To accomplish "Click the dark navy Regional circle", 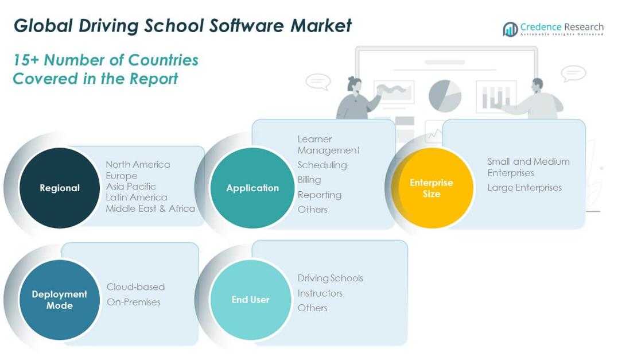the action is click(60, 188).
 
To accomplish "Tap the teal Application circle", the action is click(252, 188).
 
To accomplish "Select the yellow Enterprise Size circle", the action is click(432, 188).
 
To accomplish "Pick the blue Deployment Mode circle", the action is click(60, 300).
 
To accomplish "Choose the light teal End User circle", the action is click(251, 300).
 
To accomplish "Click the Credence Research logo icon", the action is click(510, 29).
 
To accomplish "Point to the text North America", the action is click(138, 164).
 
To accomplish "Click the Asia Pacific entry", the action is click(131, 187).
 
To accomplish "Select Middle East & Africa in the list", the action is click(150, 208).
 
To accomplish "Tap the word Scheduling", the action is click(322, 165).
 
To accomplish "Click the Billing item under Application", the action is click(309, 180).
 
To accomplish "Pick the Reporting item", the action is click(319, 195).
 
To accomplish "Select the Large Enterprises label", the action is click(524, 188).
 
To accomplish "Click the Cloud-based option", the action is click(135, 287).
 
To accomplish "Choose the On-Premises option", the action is click(134, 302).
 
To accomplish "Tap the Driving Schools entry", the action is click(331, 278).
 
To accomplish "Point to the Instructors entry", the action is click(320, 293).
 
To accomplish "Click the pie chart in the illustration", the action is click(445, 96).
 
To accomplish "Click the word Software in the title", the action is click(246, 26).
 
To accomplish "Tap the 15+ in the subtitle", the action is click(26, 60).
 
